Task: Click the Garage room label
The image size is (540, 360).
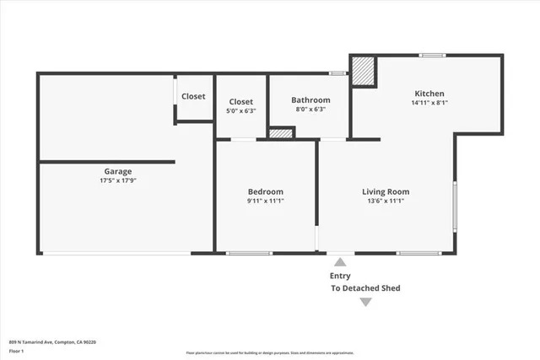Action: tap(117, 171)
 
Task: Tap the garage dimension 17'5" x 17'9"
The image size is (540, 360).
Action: tap(117, 180)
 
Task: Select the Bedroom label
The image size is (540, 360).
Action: tap(265, 191)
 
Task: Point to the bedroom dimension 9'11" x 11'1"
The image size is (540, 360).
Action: tap(265, 201)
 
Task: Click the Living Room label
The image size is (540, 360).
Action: tap(386, 191)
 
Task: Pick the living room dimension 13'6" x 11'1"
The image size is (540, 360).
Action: tap(386, 201)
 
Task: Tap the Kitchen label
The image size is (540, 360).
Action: tap(429, 94)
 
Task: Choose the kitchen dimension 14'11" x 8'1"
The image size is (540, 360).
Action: tap(429, 103)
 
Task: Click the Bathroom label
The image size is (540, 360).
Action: tap(310, 100)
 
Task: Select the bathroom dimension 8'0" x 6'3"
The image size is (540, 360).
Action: tap(310, 110)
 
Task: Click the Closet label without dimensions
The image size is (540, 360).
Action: tap(193, 96)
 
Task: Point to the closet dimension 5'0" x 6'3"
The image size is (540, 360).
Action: tap(240, 110)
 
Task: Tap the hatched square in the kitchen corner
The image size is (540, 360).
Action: tap(364, 71)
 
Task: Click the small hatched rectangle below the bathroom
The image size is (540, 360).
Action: tap(281, 133)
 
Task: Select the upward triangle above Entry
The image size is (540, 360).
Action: tap(340, 263)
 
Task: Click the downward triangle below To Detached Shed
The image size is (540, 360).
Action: tap(364, 302)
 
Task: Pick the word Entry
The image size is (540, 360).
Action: tap(340, 276)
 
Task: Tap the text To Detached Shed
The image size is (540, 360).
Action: tap(364, 288)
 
